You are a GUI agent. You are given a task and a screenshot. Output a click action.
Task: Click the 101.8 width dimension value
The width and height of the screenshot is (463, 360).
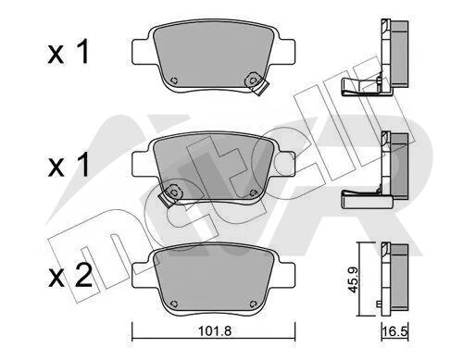click(x=214, y=331)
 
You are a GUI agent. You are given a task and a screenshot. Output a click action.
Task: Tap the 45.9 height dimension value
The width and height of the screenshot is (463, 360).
click(x=352, y=279)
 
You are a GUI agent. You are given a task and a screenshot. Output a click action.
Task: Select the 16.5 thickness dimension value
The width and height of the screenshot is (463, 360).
click(x=395, y=332)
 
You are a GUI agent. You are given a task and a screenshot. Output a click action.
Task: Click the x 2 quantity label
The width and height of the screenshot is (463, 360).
click(x=70, y=277)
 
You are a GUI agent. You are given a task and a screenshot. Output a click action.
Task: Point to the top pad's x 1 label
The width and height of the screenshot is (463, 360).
click(x=69, y=52)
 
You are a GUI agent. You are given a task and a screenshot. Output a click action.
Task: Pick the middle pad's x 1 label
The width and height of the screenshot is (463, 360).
click(x=69, y=165)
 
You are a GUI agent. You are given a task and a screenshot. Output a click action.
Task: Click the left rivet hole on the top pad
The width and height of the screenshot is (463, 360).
click(x=174, y=81)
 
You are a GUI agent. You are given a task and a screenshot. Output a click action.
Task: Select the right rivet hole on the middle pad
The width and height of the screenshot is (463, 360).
click(x=253, y=193)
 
